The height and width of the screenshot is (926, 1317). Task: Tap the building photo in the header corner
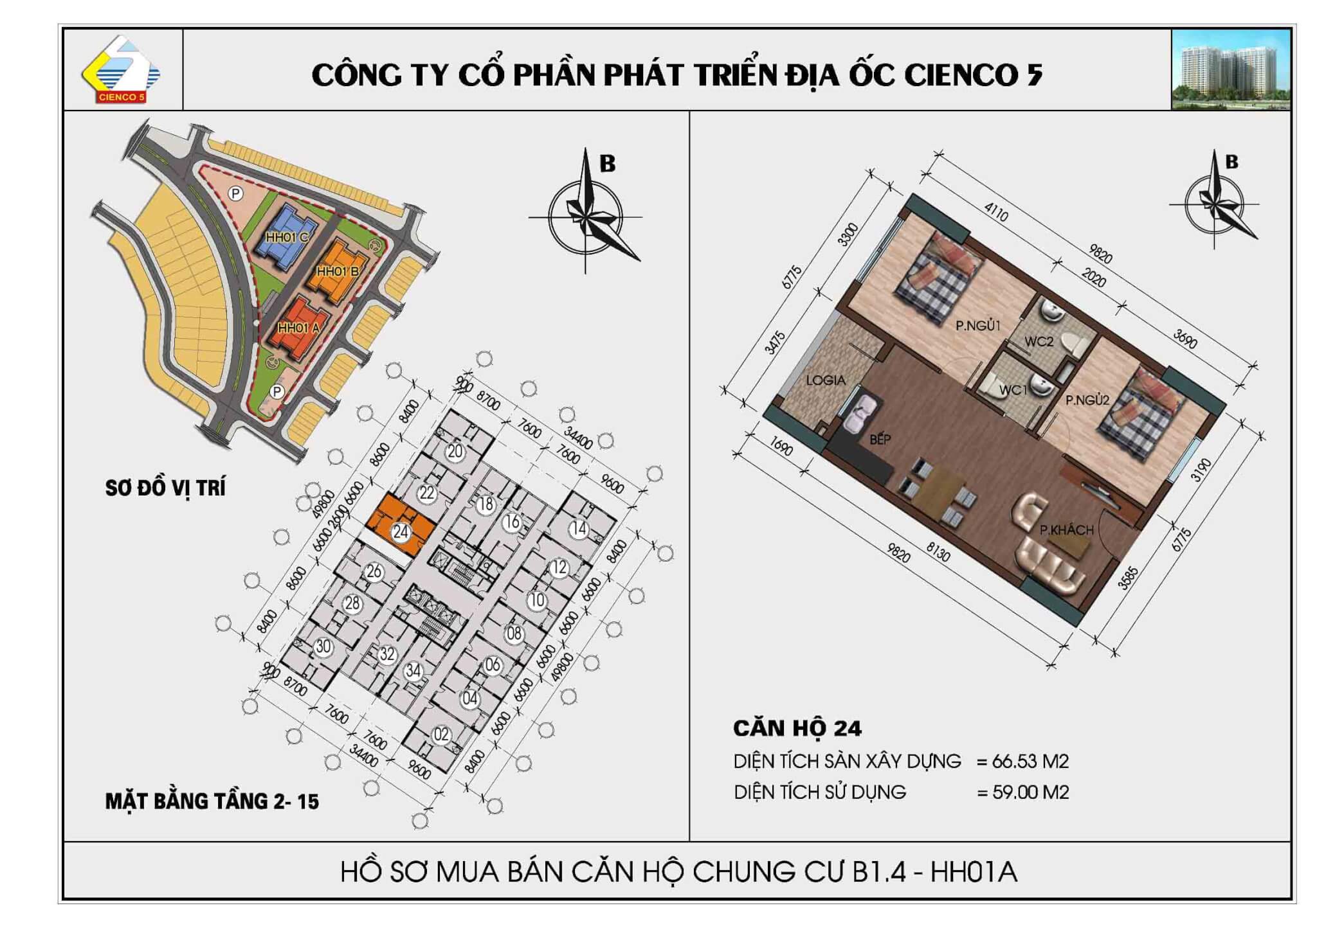point(1231,69)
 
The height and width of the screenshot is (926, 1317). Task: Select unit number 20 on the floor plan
point(455,451)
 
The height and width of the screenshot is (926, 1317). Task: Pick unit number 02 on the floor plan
point(441,735)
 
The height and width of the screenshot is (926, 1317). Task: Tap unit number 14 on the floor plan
point(579,529)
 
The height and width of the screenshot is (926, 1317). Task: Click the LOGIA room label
point(826,380)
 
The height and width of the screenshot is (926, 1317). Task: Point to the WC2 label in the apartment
point(1039,341)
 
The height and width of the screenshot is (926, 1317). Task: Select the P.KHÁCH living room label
point(1067,530)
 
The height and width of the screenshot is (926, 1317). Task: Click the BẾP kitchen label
point(880,439)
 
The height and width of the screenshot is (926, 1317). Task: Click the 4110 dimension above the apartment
point(995,213)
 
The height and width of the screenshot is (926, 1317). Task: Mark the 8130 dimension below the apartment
point(938,551)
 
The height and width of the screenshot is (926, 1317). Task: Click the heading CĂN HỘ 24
point(797,728)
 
